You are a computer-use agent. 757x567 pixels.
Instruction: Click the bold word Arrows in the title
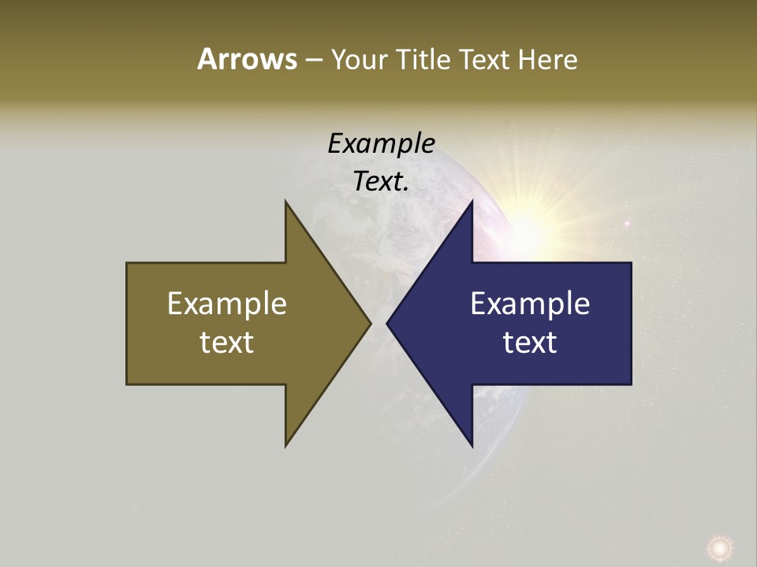click(x=247, y=59)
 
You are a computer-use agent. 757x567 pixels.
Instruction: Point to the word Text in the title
click(x=486, y=59)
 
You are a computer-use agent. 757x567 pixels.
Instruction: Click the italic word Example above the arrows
click(x=381, y=143)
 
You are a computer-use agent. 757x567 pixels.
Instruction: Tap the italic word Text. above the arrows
click(x=381, y=181)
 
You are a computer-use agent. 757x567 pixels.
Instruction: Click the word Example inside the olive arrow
click(x=227, y=303)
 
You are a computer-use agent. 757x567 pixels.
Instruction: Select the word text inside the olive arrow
click(x=227, y=342)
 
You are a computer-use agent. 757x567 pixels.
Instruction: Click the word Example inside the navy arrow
click(x=530, y=303)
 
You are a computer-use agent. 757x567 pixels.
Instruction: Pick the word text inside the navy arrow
click(x=530, y=342)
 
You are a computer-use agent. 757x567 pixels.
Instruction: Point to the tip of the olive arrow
click(x=371, y=323)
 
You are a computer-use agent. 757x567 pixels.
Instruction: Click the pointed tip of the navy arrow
click(x=387, y=323)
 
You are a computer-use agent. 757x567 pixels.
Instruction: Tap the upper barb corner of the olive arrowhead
click(x=285, y=202)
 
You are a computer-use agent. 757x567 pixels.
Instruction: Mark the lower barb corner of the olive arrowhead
click(x=285, y=446)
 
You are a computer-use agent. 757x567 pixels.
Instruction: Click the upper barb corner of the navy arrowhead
click(x=472, y=202)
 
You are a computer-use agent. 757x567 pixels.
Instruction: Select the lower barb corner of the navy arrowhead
click(x=472, y=446)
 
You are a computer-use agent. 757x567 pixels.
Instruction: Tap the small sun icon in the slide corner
click(x=718, y=547)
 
